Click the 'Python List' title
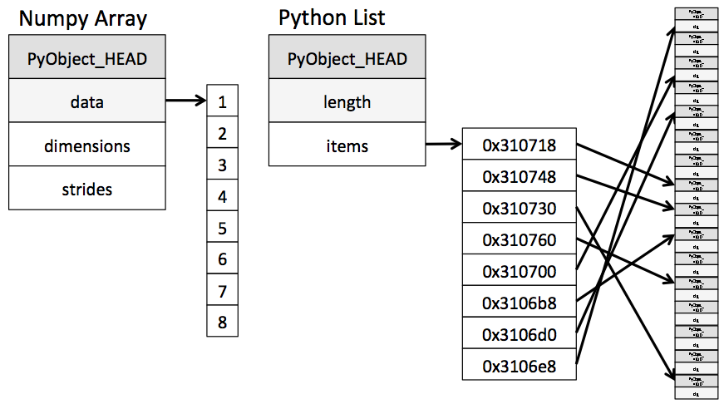(332, 17)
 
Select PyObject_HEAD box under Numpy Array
(87, 59)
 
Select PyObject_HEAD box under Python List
(347, 59)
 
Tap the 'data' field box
(87, 102)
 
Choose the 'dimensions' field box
(87, 145)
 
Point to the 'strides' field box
(87, 189)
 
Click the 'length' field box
(347, 102)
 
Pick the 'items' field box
(347, 145)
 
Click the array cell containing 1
(222, 102)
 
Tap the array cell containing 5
(222, 228)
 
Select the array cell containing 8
(222, 322)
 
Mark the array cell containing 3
(222, 165)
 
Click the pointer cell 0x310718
(519, 145)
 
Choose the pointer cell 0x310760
(519, 239)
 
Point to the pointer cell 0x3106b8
(519, 303)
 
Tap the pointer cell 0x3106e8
(519, 365)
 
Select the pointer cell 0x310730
(519, 208)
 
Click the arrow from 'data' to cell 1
(185, 102)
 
